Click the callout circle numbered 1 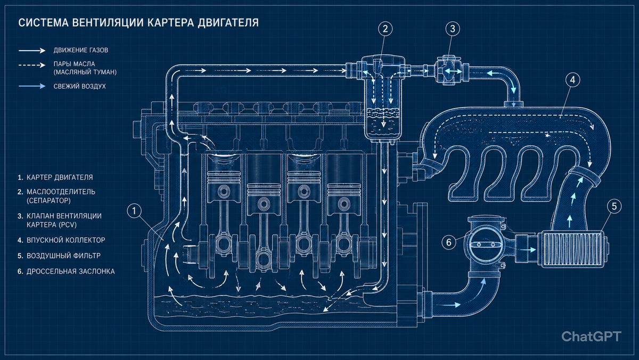pyautogui.click(x=134, y=211)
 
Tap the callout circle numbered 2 pyautogui.click(x=386, y=29)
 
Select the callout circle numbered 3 pyautogui.click(x=453, y=29)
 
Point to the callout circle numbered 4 pyautogui.click(x=573, y=80)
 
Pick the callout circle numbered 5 pyautogui.click(x=614, y=206)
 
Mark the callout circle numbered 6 pyautogui.click(x=449, y=242)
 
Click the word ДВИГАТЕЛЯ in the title pyautogui.click(x=228, y=22)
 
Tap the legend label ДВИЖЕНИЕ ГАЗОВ pyautogui.click(x=81, y=50)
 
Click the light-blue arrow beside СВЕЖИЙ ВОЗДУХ pyautogui.click(x=32, y=86)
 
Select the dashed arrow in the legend pyautogui.click(x=32, y=65)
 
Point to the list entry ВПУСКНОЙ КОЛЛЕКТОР pyautogui.click(x=66, y=240)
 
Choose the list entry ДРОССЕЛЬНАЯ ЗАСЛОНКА pyautogui.click(x=71, y=271)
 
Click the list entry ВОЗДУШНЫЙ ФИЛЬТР pyautogui.click(x=63, y=256)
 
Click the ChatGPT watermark pyautogui.click(x=592, y=337)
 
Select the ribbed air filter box pyautogui.click(x=572, y=249)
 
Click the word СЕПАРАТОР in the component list pyautogui.click(x=48, y=201)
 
